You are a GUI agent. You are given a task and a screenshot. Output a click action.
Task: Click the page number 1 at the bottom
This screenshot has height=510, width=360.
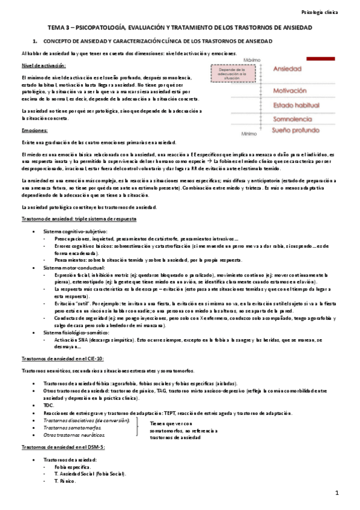(338, 493)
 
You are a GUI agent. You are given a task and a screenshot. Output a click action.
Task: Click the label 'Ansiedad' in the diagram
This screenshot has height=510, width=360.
(287, 70)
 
